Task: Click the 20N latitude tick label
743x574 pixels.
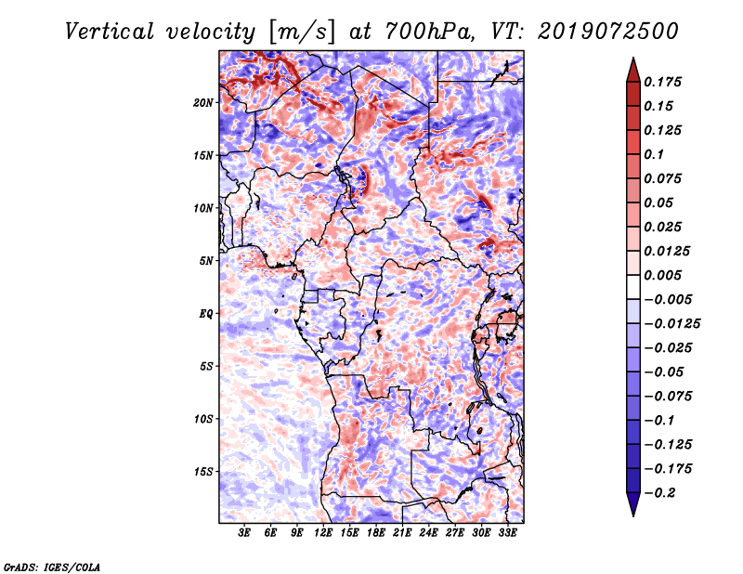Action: pos(203,103)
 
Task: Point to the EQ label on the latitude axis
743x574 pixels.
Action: pos(206,314)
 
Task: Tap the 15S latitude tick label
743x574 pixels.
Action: pos(203,472)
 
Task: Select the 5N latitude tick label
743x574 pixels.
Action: pos(206,261)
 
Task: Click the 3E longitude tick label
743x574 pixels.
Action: pos(244,533)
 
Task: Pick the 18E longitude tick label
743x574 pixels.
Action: pos(376,533)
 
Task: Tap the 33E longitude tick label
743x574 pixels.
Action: pos(507,533)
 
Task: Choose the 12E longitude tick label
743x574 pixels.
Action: pos(323,533)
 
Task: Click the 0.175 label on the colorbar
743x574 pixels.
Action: pos(662,82)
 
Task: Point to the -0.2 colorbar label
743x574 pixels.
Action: pos(660,493)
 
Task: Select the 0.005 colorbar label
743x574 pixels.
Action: pos(662,275)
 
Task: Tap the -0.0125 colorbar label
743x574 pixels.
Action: pos(671,324)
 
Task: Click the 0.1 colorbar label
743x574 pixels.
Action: pos(654,154)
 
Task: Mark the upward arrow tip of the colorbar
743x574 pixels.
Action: pos(633,58)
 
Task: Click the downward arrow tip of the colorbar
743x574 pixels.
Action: pos(633,515)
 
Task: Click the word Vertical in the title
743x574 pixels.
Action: pos(110,32)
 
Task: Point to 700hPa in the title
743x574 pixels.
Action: pos(428,32)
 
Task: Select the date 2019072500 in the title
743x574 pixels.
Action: pos(608,32)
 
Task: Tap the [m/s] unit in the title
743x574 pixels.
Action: pos(301,33)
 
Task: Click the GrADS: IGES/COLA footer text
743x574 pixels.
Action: pos(52,567)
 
